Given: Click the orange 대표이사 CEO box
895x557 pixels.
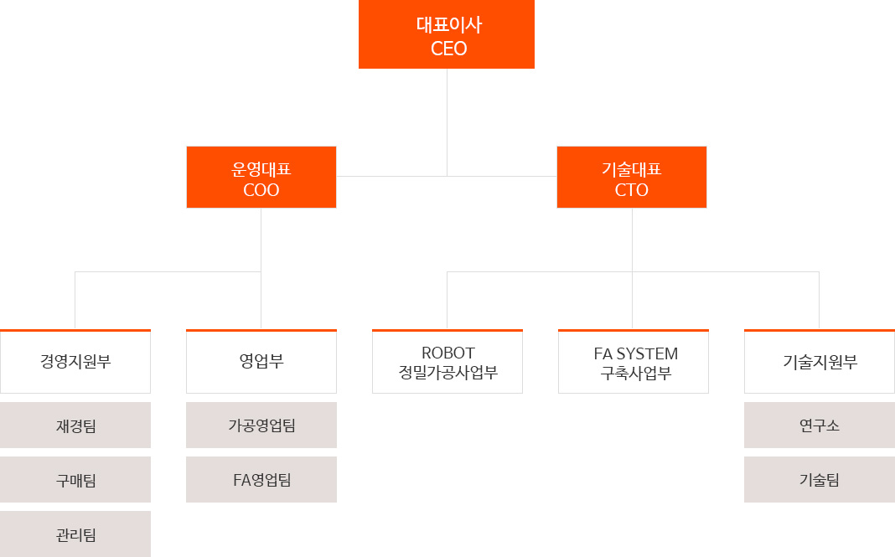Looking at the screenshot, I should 446,34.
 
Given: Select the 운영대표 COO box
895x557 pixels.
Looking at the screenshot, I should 261,177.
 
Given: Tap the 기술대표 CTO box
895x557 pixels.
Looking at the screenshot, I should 631,177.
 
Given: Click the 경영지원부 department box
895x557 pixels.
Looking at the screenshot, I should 75,362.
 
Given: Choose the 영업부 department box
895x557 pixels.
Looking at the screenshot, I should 261,362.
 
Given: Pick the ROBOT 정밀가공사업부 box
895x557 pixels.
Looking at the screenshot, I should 447,362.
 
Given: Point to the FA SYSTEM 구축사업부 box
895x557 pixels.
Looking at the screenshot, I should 634,362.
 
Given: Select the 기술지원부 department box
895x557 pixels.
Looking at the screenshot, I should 819,362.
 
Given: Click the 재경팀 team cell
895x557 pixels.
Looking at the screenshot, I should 75,425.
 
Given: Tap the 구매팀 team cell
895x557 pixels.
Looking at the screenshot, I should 75,480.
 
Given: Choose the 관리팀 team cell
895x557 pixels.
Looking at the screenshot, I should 75,534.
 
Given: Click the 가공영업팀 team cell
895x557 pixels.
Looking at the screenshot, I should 261,425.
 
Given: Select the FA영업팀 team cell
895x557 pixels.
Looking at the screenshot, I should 261,480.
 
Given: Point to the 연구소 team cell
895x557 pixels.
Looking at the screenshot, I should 819,425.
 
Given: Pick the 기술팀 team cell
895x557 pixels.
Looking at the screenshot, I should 819,480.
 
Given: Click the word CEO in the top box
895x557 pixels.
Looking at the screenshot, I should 448,49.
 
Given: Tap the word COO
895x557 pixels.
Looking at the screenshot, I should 261,190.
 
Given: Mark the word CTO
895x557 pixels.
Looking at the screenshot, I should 631,190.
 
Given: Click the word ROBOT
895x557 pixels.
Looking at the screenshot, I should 447,353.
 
